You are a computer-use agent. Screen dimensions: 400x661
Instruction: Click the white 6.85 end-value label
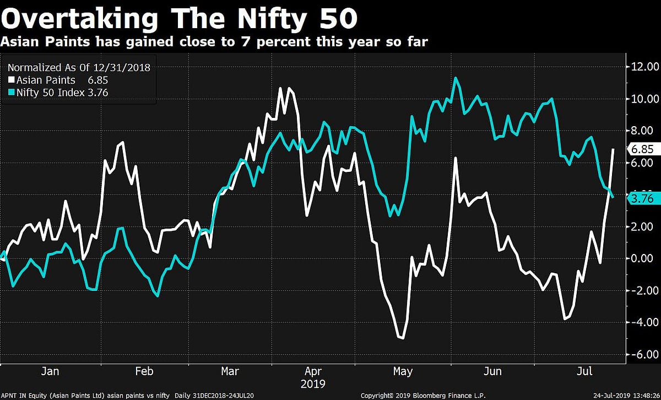642,149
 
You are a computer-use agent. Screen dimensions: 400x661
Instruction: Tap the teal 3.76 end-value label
642,199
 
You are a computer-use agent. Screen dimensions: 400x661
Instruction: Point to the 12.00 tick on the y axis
644,67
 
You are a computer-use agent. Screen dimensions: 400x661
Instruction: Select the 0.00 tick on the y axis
645,258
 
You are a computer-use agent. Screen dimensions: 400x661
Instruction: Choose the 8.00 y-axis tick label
645,131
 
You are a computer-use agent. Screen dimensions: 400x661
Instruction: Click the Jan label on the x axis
50,371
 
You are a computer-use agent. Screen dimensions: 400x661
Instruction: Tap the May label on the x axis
403,371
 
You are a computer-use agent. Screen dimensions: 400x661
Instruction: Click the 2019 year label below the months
313,383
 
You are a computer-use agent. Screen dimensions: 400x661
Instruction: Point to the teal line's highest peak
456,78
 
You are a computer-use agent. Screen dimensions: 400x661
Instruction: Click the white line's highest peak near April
281,88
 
